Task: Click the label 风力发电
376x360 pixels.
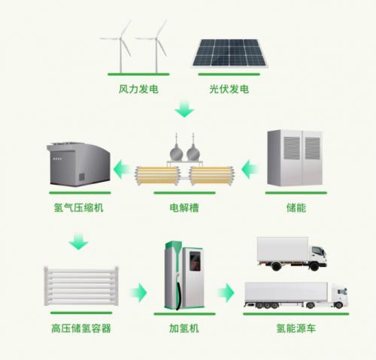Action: click(138, 89)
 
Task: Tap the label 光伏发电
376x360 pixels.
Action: click(229, 89)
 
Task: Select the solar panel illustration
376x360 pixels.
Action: click(229, 53)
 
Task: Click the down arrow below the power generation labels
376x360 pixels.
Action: click(184, 108)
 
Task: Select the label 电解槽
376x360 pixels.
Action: click(184, 207)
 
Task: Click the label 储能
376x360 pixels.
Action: click(296, 207)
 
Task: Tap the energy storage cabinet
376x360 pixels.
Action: click(295, 158)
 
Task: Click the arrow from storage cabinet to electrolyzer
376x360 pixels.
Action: click(250, 169)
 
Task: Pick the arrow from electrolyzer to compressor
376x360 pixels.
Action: click(122, 169)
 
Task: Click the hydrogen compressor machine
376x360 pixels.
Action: click(78, 165)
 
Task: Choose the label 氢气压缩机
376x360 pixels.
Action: click(78, 207)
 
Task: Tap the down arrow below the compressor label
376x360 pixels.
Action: click(78, 241)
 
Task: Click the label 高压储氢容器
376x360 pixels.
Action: click(81, 328)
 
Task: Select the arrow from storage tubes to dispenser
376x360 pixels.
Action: click(138, 292)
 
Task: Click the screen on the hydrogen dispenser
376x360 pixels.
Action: click(195, 262)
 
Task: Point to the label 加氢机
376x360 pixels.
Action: click(184, 328)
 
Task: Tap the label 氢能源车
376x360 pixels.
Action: click(296, 328)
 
